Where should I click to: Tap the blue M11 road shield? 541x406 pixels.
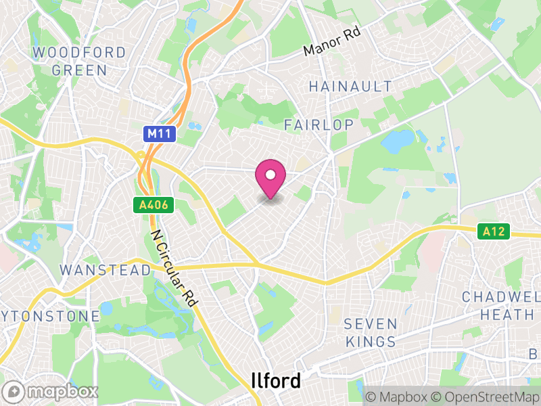(x=160, y=135)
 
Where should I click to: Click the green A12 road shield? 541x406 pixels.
(x=494, y=231)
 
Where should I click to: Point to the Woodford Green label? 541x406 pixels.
(x=79, y=61)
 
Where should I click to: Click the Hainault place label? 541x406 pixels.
(x=350, y=86)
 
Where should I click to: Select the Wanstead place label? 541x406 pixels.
(x=105, y=270)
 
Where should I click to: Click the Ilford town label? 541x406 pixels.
(x=276, y=380)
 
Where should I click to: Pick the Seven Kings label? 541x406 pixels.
(x=370, y=332)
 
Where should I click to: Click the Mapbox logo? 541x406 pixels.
(x=51, y=391)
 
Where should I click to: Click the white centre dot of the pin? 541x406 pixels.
(x=270, y=175)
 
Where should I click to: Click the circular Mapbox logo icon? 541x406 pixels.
(x=14, y=391)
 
